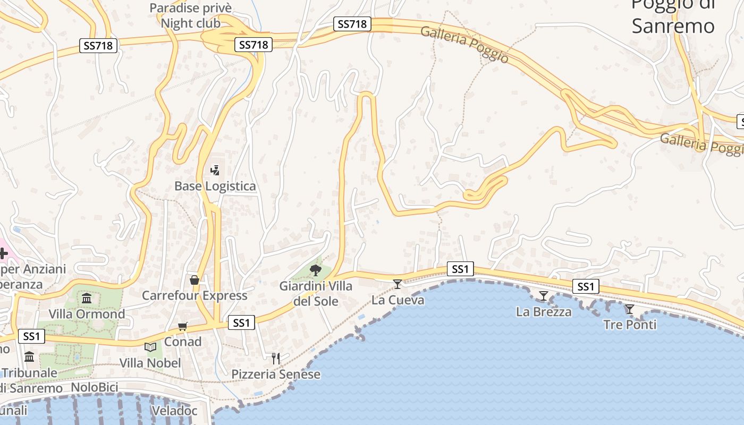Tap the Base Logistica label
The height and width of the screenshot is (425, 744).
pyautogui.click(x=215, y=186)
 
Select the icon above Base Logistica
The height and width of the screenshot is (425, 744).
pyautogui.click(x=215, y=170)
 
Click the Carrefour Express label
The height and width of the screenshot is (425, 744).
pyautogui.click(x=195, y=295)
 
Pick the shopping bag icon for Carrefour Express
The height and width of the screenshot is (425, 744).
pyautogui.click(x=195, y=279)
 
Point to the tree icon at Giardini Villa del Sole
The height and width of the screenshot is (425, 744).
pyautogui.click(x=316, y=270)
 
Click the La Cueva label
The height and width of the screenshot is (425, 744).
pyautogui.click(x=398, y=300)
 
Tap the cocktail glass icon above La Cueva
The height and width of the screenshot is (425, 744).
pyautogui.click(x=398, y=284)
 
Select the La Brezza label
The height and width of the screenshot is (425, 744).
pyautogui.click(x=544, y=312)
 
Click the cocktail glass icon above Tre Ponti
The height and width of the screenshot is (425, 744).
pyautogui.click(x=630, y=309)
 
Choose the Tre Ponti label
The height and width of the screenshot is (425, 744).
pyautogui.click(x=630, y=324)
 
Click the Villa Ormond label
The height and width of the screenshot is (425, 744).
pyautogui.click(x=87, y=314)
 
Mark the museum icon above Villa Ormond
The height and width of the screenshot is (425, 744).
pyautogui.click(x=87, y=298)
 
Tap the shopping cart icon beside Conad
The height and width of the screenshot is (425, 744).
pyautogui.click(x=183, y=326)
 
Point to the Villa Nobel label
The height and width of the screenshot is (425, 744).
pyautogui.click(x=150, y=363)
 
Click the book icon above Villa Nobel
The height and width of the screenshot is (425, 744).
pyautogui.click(x=150, y=347)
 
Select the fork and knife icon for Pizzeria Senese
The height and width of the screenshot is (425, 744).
pyautogui.click(x=276, y=359)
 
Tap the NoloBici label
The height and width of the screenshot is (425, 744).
pyautogui.click(x=95, y=387)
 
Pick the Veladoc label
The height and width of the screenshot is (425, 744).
pyautogui.click(x=174, y=411)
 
